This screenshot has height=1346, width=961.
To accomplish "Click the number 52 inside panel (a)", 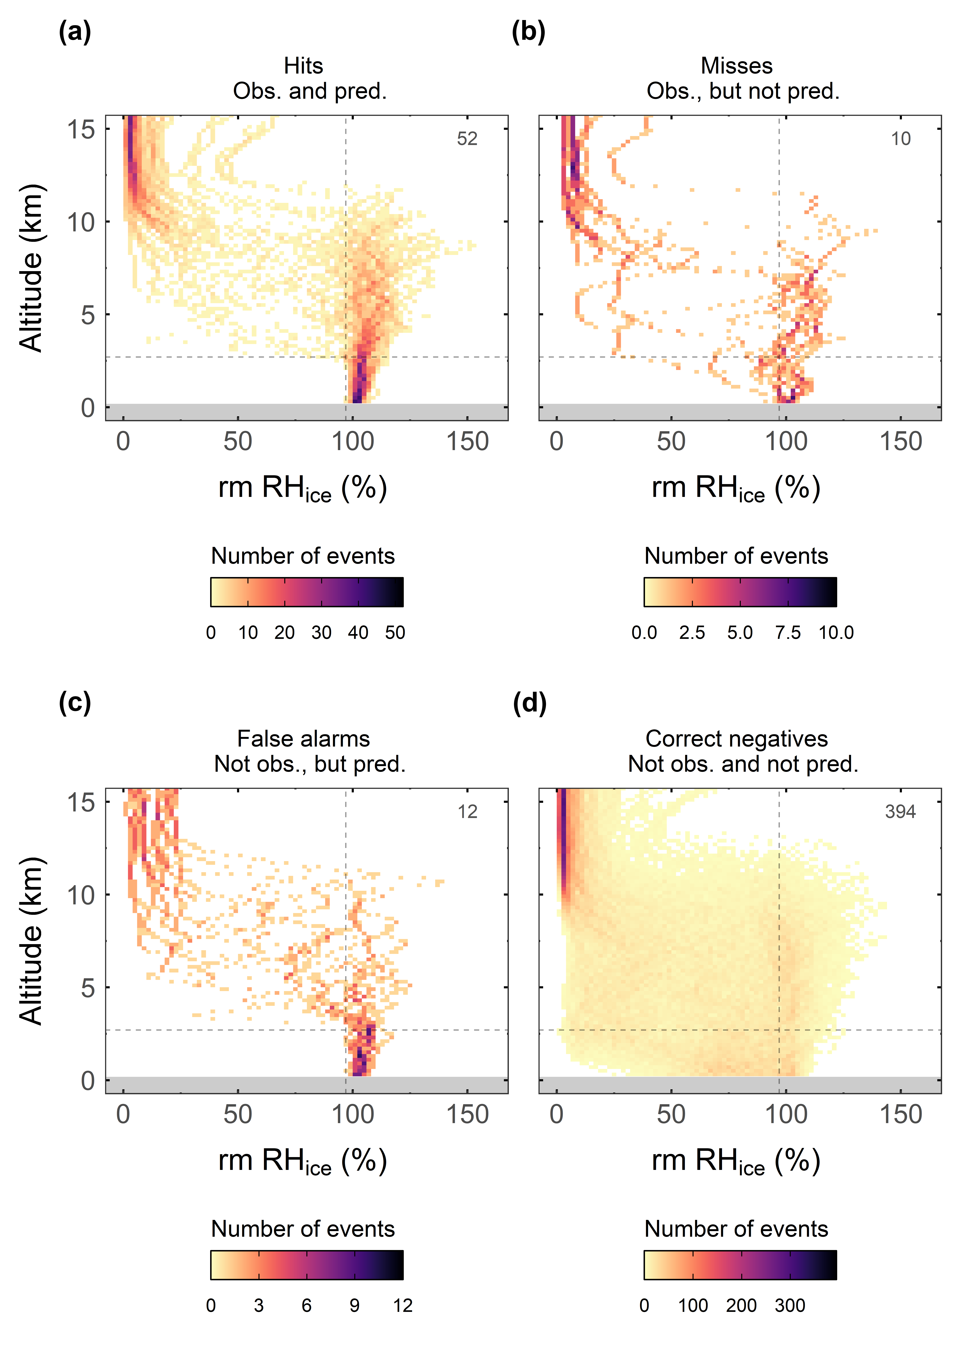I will point(467,138).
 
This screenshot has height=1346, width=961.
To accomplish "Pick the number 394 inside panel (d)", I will point(900,811).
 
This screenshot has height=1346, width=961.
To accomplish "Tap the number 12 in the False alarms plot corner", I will point(467,811).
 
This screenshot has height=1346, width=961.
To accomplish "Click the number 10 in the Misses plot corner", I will point(901,138).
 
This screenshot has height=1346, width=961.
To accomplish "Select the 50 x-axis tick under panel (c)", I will point(238,1115).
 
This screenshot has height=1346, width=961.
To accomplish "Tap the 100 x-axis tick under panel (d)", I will point(786,1115).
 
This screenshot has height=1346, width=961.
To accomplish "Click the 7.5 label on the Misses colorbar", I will point(788,633).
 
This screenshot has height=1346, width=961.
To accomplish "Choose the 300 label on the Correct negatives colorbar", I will point(789,1306).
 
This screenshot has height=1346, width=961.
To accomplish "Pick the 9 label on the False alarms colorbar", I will point(354,1306).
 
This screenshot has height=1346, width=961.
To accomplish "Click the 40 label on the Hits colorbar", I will point(358,633).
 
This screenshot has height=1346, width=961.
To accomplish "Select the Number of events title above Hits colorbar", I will point(303,556).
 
